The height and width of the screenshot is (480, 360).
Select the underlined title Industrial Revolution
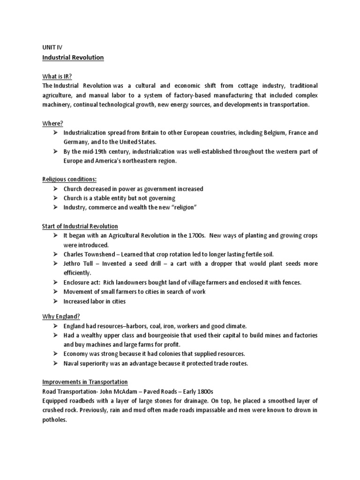pyautogui.click(x=73, y=58)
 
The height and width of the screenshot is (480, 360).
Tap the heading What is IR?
pyautogui.click(x=58, y=77)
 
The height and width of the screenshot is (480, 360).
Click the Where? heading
pyautogui.click(x=52, y=123)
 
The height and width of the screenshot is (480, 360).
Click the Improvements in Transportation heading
pyautogui.click(x=85, y=382)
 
